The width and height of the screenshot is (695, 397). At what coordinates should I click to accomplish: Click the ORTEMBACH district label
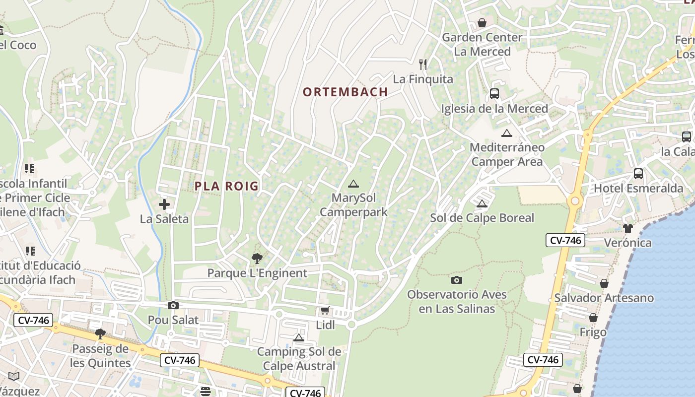pyautogui.click(x=345, y=92)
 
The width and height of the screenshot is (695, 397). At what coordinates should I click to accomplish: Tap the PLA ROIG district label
pyautogui.click(x=226, y=186)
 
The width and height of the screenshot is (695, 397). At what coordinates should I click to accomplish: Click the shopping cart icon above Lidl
pyautogui.click(x=325, y=311)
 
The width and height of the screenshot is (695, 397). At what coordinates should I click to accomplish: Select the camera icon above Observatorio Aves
pyautogui.click(x=457, y=280)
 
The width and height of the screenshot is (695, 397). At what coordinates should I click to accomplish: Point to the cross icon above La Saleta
pyautogui.click(x=164, y=204)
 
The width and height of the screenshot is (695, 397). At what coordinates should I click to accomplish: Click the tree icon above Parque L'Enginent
pyautogui.click(x=257, y=259)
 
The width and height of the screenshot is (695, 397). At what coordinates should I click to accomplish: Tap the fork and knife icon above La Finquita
pyautogui.click(x=423, y=65)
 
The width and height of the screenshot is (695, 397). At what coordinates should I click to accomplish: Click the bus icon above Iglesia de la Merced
pyautogui.click(x=494, y=94)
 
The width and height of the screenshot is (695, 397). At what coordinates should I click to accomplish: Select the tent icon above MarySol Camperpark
pyautogui.click(x=353, y=184)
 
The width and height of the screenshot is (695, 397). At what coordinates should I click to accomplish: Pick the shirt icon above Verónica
pyautogui.click(x=628, y=228)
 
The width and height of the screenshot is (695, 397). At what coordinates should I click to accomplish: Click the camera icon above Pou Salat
pyautogui.click(x=173, y=306)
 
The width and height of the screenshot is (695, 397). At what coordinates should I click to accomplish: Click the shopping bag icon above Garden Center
pyautogui.click(x=482, y=23)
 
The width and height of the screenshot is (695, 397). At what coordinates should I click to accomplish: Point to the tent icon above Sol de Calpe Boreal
pyautogui.click(x=482, y=203)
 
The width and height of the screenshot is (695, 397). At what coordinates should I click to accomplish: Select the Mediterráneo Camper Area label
pyautogui.click(x=507, y=154)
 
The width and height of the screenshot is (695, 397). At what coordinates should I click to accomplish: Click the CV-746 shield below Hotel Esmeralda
pyautogui.click(x=565, y=241)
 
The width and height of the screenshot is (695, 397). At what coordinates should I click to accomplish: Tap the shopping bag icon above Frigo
pyautogui.click(x=593, y=318)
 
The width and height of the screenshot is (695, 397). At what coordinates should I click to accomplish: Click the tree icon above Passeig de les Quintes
pyautogui.click(x=100, y=334)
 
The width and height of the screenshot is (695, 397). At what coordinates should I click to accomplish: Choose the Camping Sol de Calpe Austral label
pyautogui.click(x=299, y=359)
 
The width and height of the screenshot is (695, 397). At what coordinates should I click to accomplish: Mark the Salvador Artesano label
pyautogui.click(x=604, y=298)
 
